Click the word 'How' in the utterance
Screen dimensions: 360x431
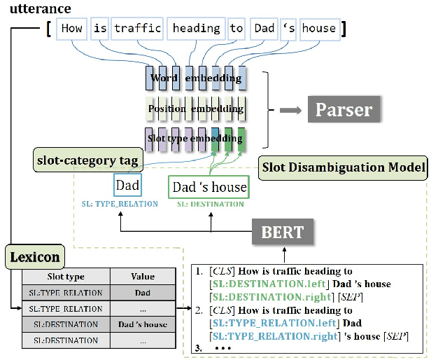[x=72, y=28]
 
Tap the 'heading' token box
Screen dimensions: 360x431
[x=196, y=28]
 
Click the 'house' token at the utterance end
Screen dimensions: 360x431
[x=319, y=28]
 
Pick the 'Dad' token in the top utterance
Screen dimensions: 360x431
[x=265, y=28]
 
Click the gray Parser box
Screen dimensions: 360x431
[x=343, y=109]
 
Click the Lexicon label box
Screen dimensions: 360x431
[x=34, y=257]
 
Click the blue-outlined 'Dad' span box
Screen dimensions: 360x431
[x=127, y=187]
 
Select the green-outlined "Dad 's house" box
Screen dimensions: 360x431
[x=209, y=187]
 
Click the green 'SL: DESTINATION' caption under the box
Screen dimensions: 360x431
[x=210, y=204]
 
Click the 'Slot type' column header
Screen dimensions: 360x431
[x=65, y=276]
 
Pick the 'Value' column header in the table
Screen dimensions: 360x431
[x=143, y=276]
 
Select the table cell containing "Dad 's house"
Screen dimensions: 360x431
[x=143, y=324]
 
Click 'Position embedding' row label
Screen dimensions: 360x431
[x=196, y=109]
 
